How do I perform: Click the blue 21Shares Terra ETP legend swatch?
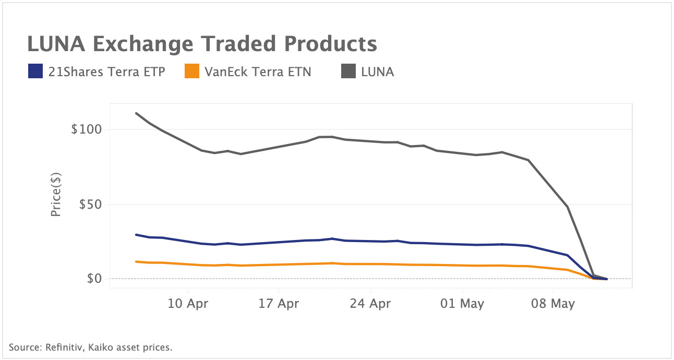35,71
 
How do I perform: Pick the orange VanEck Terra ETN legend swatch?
192,71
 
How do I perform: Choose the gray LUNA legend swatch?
348,71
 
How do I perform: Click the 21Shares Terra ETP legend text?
106,72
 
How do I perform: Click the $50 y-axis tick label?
90,205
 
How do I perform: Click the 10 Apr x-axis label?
187,304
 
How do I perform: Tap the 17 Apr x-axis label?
279,304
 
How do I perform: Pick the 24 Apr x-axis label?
370,304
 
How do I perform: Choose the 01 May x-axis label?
462,304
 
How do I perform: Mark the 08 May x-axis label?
553,304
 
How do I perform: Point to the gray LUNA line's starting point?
136,113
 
